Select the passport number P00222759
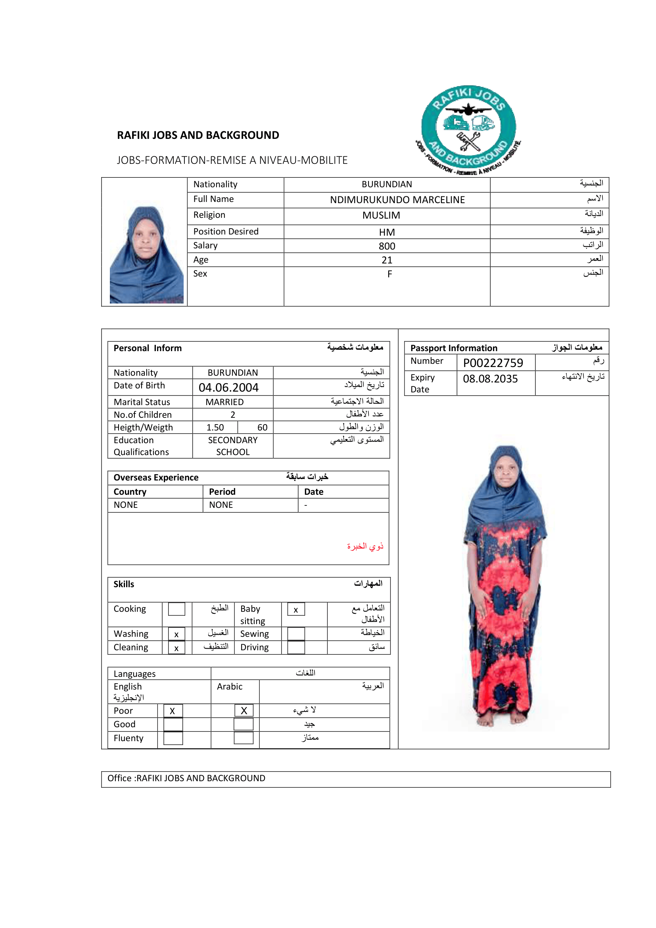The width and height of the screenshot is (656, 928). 493,363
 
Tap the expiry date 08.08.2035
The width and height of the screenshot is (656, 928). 490,379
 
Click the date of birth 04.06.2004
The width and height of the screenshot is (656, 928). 228,387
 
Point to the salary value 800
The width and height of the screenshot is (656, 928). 387,246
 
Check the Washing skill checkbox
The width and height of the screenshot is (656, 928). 176,634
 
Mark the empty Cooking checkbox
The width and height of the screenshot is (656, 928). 176,609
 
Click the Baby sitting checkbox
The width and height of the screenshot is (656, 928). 296,609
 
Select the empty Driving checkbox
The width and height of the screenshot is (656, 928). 296,647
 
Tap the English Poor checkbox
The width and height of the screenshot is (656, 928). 173,711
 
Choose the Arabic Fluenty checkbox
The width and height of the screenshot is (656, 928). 244,738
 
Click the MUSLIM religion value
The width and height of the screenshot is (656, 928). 381,215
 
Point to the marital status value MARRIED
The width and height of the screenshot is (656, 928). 224,402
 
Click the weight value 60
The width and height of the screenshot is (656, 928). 262,427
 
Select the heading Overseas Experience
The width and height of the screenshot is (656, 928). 156,477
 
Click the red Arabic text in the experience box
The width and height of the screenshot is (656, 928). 365,546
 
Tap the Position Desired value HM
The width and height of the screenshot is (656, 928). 387,232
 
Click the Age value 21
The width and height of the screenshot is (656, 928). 387,260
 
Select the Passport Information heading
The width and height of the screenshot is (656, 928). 454,348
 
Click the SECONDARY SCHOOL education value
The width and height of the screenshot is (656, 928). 233,446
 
